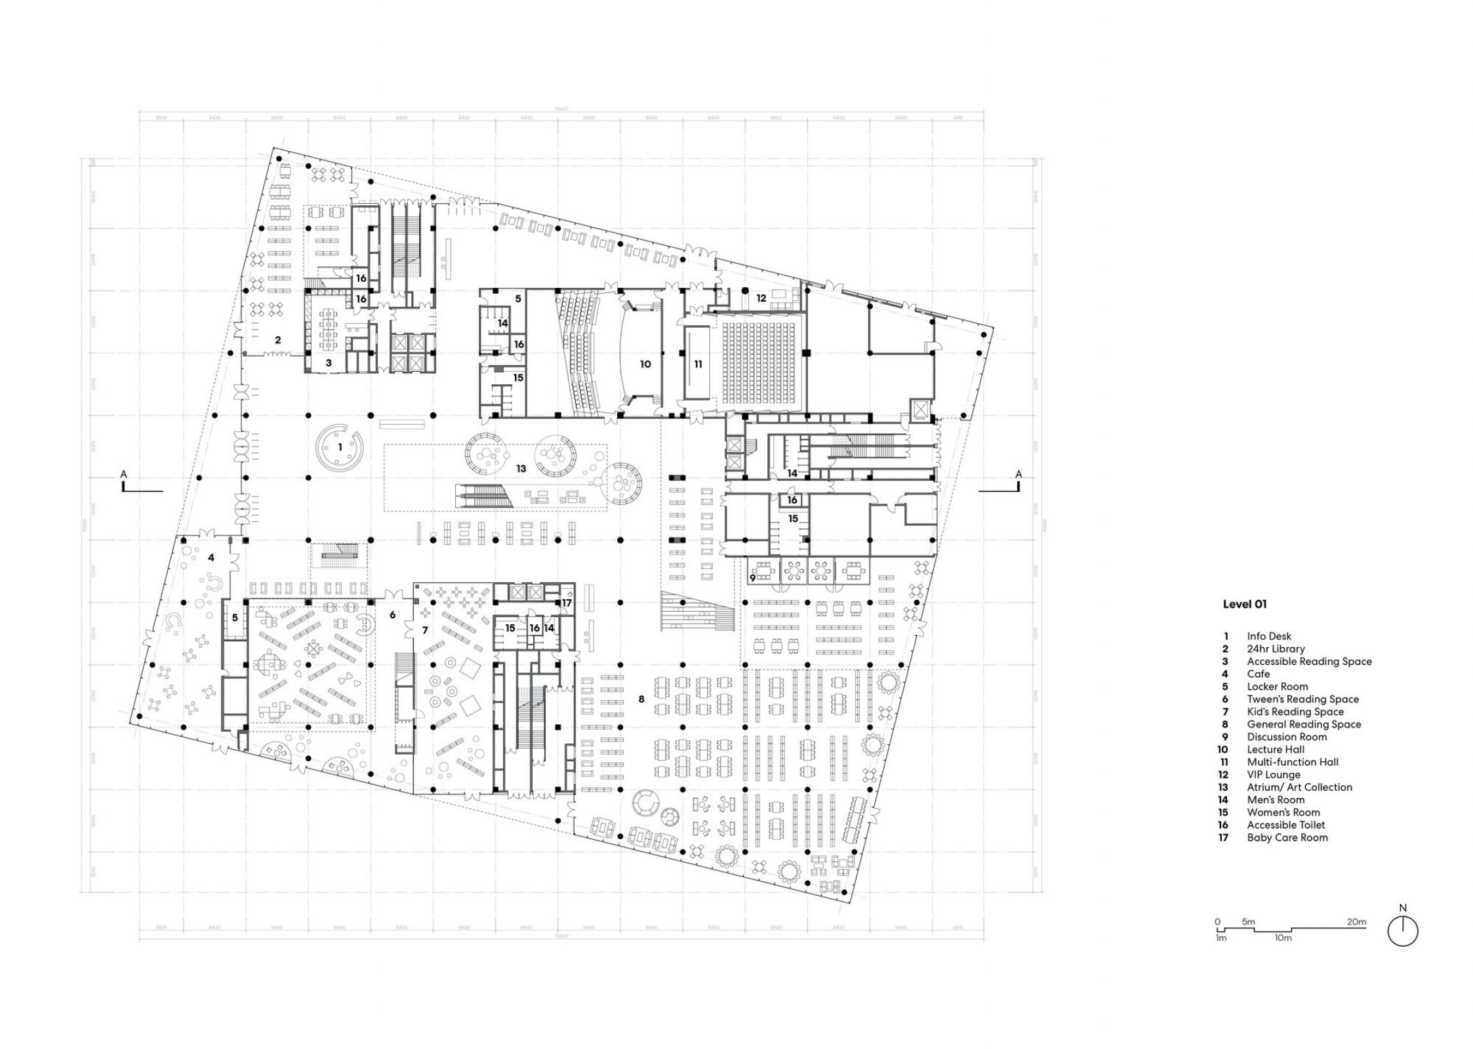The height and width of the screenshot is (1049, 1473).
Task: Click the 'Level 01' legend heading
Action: (1244, 604)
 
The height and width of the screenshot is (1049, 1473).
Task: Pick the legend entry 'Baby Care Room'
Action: (1287, 837)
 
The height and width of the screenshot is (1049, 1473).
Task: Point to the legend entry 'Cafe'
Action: (1259, 674)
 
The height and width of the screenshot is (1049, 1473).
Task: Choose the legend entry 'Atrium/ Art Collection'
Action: (1299, 787)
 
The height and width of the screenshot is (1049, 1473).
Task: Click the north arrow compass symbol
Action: (1403, 931)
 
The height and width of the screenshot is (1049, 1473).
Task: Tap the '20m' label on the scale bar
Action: (1357, 922)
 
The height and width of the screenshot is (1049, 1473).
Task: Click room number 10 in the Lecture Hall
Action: (645, 363)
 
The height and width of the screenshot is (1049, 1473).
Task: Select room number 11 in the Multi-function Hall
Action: (698, 364)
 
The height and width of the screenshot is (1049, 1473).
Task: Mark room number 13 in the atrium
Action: (521, 468)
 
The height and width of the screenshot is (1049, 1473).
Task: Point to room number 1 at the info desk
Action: (340, 446)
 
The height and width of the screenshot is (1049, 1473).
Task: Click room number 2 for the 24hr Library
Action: (278, 340)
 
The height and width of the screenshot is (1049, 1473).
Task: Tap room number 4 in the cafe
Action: (211, 558)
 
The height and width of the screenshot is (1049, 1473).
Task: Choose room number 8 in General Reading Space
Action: (641, 699)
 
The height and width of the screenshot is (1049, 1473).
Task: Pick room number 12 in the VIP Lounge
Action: (761, 298)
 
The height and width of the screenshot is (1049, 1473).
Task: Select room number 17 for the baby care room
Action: (567, 603)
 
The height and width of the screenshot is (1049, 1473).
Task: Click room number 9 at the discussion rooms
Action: (753, 578)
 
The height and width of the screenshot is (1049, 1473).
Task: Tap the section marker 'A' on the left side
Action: (123, 474)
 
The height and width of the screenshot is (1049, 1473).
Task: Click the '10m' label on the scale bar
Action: (1283, 938)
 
